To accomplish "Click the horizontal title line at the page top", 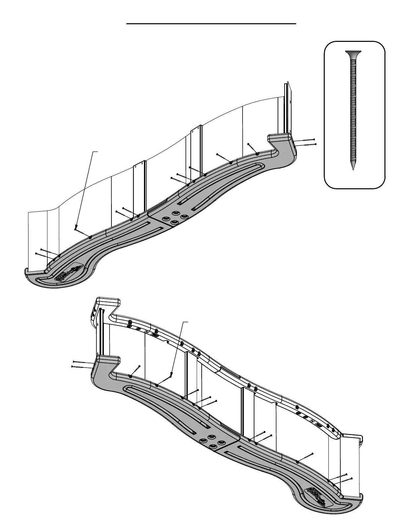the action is pyautogui.click(x=211, y=24).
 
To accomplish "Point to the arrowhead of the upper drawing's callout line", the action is pyautogui.click(x=76, y=228).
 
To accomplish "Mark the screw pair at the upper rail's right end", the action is pyautogui.click(x=305, y=142).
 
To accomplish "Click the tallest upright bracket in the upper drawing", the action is pyautogui.click(x=287, y=108).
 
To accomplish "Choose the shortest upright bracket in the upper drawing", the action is pyautogui.click(x=140, y=188).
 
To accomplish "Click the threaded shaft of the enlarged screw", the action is pyautogui.click(x=353, y=110).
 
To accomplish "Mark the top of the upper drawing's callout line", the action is pyautogui.click(x=98, y=151).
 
